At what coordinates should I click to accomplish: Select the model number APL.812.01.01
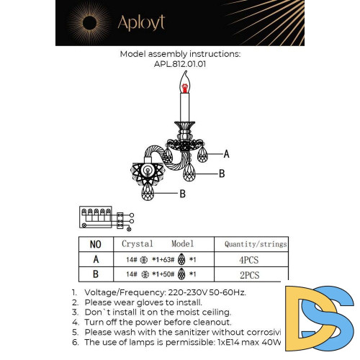(x=179, y=63)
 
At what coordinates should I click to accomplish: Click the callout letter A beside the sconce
(x=226, y=154)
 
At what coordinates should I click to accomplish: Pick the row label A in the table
(x=96, y=259)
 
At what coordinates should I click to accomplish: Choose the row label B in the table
(x=96, y=274)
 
